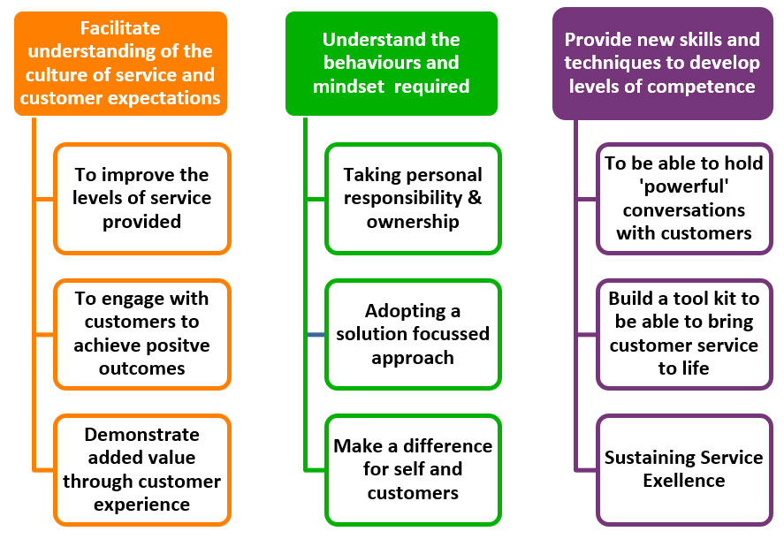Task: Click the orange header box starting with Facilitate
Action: click(x=120, y=64)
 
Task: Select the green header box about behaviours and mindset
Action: click(x=391, y=64)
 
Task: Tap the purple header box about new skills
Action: click(x=663, y=64)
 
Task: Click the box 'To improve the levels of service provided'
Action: click(x=142, y=199)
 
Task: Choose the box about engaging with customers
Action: click(x=142, y=334)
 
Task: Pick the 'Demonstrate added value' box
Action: click(x=142, y=470)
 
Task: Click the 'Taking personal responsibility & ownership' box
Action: click(x=413, y=199)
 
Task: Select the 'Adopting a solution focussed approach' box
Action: click(x=413, y=334)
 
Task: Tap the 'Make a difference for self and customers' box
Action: click(x=413, y=470)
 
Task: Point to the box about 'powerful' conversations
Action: click(x=684, y=199)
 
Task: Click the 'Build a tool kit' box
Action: click(x=684, y=334)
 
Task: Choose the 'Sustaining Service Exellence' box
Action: click(x=684, y=470)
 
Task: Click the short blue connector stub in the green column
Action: click(x=316, y=335)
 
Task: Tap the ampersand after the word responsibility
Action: click(x=475, y=198)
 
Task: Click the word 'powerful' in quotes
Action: click(x=684, y=186)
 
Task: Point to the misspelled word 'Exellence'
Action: click(x=684, y=481)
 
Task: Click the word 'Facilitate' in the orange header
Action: click(x=120, y=28)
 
